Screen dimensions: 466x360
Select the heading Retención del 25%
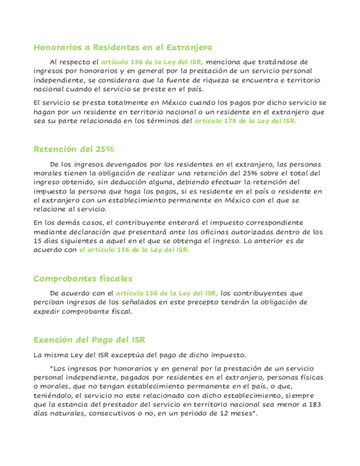[74, 149]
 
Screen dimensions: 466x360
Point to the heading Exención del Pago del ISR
[89, 339]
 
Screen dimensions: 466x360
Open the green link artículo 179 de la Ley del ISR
[246, 121]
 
